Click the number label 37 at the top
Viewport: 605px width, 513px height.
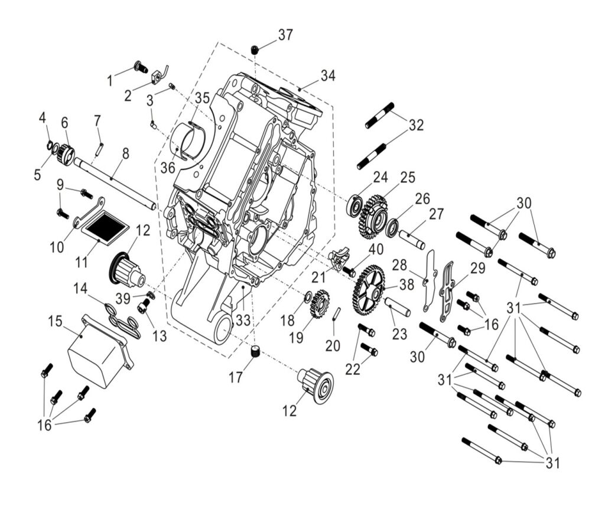tap(285, 35)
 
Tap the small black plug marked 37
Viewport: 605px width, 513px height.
tap(255, 50)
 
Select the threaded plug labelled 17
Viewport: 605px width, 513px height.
tap(256, 352)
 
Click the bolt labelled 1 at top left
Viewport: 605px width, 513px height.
tap(141, 67)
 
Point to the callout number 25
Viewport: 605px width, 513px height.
tap(408, 178)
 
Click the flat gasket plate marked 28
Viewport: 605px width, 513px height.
tap(429, 280)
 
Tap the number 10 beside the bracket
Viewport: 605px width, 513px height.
tap(57, 247)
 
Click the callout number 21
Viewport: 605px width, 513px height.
tap(320, 277)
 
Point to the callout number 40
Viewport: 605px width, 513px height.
tap(376, 249)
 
